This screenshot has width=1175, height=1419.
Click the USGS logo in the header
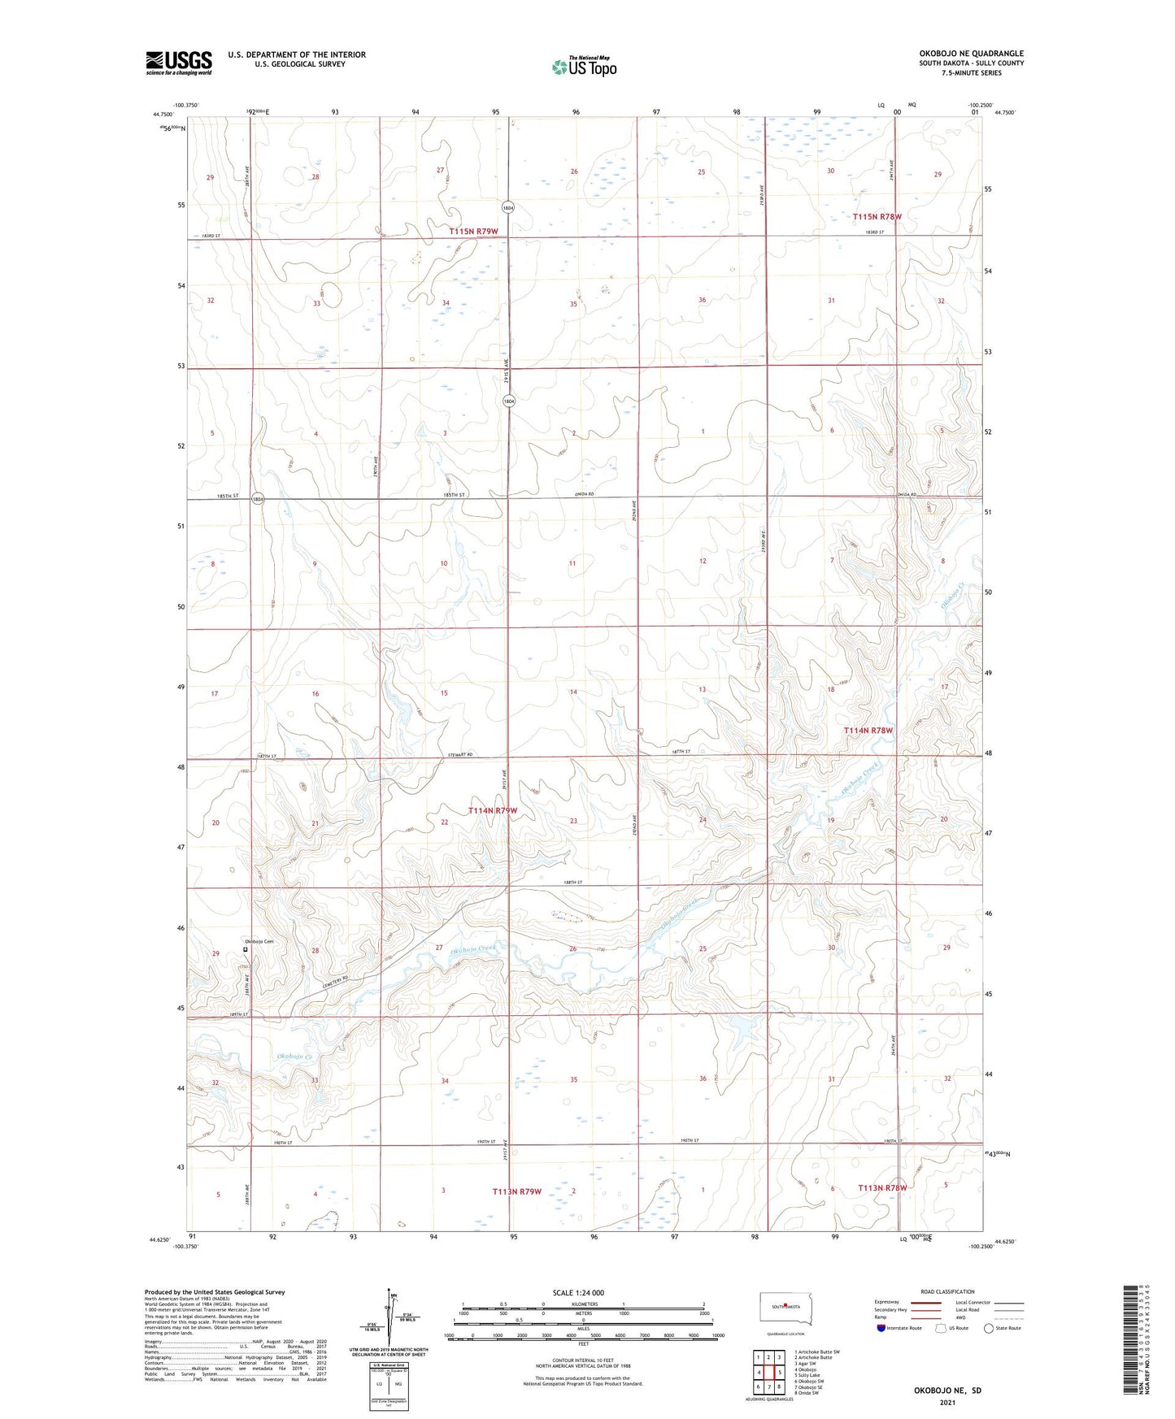point(178,63)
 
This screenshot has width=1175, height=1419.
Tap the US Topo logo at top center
point(583,67)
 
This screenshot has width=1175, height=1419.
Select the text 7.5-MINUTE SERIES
point(994,73)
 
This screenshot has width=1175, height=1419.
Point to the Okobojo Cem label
point(260,942)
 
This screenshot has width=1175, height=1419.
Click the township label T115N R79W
point(473,232)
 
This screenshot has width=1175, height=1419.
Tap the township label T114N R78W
point(868,731)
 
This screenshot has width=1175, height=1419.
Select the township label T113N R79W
point(516,1191)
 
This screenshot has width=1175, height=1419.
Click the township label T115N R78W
point(877,217)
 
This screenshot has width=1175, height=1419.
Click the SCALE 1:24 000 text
point(578,1292)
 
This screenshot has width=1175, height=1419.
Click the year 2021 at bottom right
point(947,1403)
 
